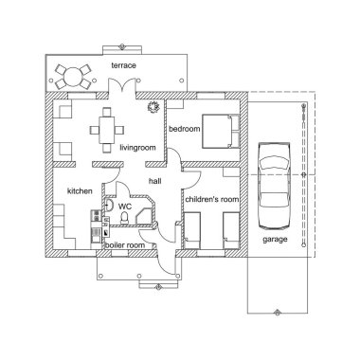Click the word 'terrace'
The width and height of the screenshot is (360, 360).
point(123,64)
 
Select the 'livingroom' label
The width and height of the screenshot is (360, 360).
point(137,148)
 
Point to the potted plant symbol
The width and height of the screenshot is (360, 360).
point(151,107)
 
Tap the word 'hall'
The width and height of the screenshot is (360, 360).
point(155,180)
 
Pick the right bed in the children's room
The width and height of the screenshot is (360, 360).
point(228,230)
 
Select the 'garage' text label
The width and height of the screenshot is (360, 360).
point(275,241)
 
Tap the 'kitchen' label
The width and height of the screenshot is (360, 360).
point(79,191)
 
